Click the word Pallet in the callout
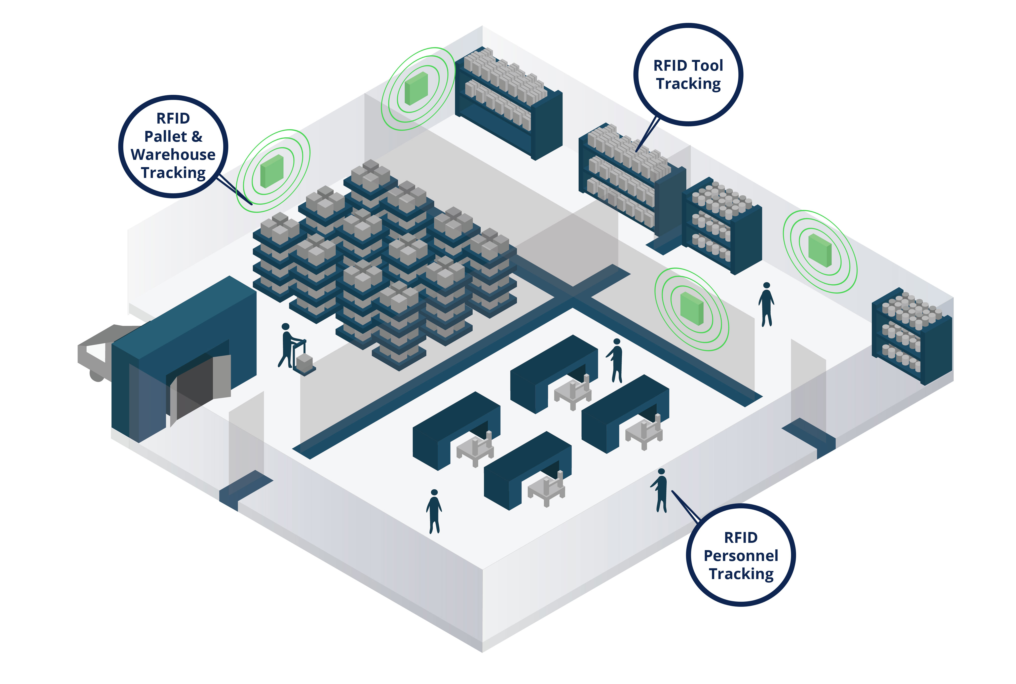pyautogui.click(x=165, y=137)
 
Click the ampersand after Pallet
pyautogui.click(x=197, y=137)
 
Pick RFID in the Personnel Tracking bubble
pyautogui.click(x=741, y=538)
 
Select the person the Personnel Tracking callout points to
pyautogui.click(x=660, y=490)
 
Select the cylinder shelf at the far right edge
pyautogui.click(x=912, y=336)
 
